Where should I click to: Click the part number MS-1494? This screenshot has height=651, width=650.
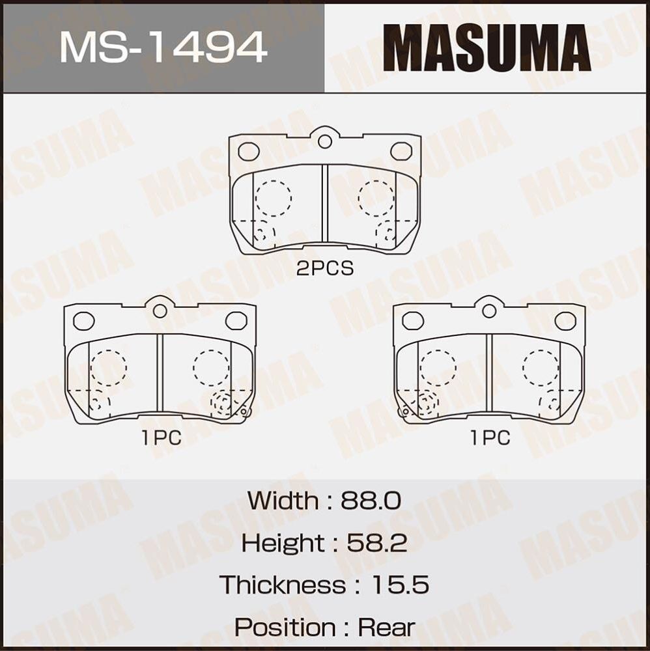coord(163,47)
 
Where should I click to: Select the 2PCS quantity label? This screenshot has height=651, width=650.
coord(324,268)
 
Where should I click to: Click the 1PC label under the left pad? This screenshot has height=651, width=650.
coord(161,438)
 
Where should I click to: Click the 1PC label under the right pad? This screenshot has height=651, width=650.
coord(490,438)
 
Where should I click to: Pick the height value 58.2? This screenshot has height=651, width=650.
coord(376,542)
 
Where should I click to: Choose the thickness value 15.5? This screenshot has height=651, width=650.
coord(400,585)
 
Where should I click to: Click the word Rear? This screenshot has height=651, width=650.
coord(386,627)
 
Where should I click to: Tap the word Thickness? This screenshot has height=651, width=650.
coord(283,585)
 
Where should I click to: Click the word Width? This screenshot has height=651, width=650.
coord(283,501)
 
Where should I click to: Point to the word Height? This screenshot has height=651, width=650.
coord(282,542)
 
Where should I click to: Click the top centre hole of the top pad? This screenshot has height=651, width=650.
coord(325,141)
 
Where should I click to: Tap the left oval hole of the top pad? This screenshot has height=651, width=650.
coord(249,151)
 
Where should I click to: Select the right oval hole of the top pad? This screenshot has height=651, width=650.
coord(401,151)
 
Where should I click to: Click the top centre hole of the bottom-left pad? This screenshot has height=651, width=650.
coord(160,311)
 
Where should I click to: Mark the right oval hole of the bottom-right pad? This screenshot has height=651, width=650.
coord(565,320)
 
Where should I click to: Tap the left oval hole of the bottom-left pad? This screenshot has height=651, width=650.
coord(84,320)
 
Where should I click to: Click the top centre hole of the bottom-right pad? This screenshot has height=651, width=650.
coord(489,311)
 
